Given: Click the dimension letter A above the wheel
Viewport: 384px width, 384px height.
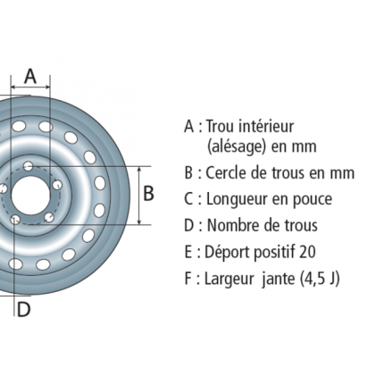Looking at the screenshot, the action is pyautogui.click(x=30, y=76).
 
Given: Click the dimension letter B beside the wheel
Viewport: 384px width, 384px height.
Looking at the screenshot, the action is pyautogui.click(x=148, y=193).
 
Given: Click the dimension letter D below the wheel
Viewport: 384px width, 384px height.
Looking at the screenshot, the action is pyautogui.click(x=23, y=309).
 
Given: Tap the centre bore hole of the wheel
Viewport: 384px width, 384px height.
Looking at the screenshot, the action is pyautogui.click(x=30, y=195).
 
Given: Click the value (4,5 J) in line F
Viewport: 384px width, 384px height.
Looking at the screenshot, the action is pyautogui.click(x=320, y=279).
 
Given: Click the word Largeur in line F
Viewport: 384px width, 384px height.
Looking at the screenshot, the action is pyautogui.click(x=229, y=280).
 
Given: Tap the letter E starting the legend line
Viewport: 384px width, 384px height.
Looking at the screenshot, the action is pyautogui.click(x=188, y=252).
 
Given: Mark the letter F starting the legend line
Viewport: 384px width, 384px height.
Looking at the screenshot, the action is pyautogui.click(x=188, y=279).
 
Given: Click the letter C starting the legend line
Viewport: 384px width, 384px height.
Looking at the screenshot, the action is pyautogui.click(x=189, y=199).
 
